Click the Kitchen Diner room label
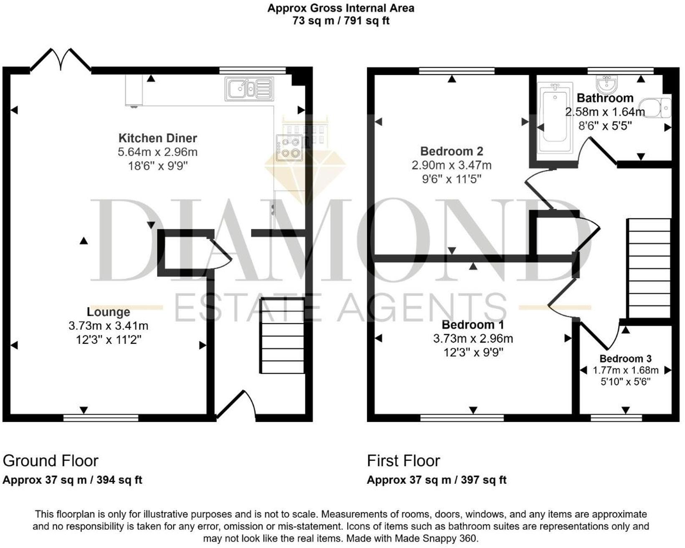157,138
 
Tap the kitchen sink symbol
249,89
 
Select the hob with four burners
289,148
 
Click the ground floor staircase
282,336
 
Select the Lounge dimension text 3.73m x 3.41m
108,326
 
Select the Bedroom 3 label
625,358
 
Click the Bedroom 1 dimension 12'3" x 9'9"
473,353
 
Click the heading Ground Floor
51,461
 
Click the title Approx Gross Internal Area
341,8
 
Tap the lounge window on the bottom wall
101,418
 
